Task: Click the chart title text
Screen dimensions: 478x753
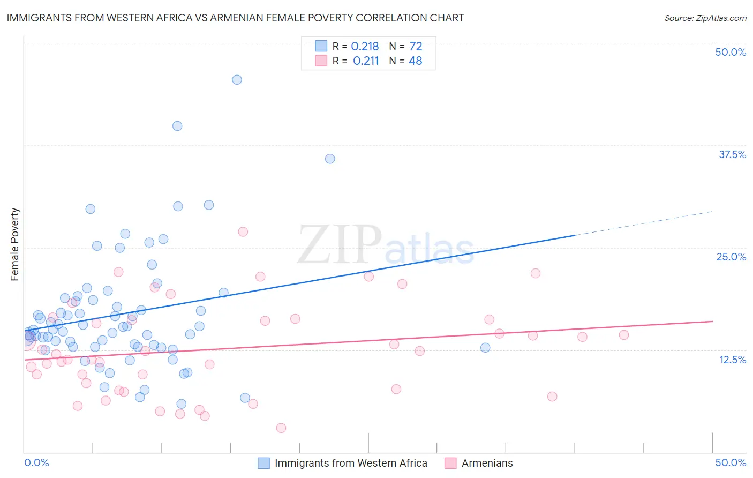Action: point(235,18)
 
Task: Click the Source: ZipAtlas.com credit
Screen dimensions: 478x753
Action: point(705,18)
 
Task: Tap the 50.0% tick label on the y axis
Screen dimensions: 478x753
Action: point(731,52)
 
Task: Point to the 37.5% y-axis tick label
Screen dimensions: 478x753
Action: point(732,154)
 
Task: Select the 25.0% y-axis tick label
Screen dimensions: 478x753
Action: point(731,257)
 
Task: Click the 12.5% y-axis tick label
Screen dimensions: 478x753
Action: point(732,360)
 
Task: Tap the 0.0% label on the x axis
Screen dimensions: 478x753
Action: point(36,462)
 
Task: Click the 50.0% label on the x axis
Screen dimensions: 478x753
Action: point(731,462)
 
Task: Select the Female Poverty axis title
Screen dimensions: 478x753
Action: point(15,244)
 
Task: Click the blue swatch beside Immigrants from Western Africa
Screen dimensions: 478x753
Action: point(263,463)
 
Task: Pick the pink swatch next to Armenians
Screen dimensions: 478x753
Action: point(450,463)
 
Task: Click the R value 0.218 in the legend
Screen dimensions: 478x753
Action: point(365,47)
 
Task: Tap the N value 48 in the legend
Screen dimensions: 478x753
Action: point(416,61)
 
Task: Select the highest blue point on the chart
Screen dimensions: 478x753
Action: point(237,80)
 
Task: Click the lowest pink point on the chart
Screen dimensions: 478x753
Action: point(281,428)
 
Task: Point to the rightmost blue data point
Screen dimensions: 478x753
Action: point(485,347)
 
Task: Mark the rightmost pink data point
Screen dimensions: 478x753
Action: point(623,335)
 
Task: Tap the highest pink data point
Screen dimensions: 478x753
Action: point(243,231)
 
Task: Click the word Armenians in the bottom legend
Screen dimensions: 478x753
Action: point(487,463)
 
